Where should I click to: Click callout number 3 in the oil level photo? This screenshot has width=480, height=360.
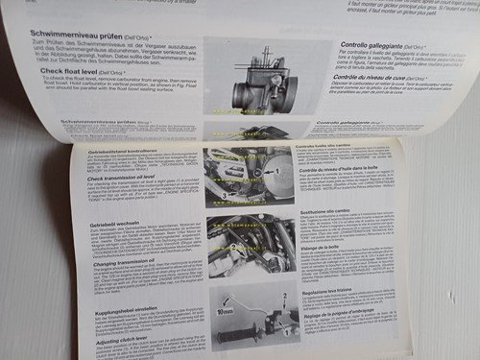point(223,195)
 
